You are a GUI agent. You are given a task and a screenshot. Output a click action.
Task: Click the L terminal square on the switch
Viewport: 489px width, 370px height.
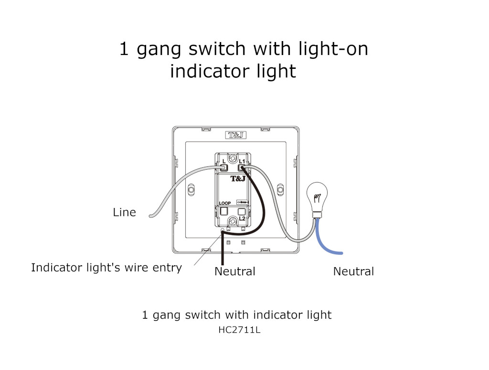[x=223, y=167]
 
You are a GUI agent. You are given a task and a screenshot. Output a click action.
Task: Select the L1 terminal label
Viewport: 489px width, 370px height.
[x=242, y=161]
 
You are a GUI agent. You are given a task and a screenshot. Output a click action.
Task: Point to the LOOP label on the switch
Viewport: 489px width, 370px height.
[x=225, y=203]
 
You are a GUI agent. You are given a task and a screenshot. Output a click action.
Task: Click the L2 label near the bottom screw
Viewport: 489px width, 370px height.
[x=242, y=218]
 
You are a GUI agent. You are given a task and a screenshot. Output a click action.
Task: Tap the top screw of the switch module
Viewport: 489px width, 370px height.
[x=233, y=158]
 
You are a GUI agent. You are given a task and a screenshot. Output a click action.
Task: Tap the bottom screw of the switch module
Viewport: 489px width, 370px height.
[x=233, y=221]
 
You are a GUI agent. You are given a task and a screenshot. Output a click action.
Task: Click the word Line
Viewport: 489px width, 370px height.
[x=124, y=212]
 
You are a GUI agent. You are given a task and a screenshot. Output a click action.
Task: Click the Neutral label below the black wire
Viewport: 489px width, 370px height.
[x=234, y=272]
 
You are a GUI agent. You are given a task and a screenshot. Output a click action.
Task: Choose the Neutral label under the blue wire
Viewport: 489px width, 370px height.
[x=353, y=272]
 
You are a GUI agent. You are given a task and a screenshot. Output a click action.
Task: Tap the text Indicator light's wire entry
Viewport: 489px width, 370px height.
[x=106, y=268]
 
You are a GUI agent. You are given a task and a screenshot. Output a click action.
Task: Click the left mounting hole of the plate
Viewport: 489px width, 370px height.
[x=191, y=190]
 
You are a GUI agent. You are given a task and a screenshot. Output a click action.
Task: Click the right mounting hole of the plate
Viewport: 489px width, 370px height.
[x=280, y=190]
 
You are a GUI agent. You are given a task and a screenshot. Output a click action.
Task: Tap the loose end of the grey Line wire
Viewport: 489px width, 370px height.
[x=150, y=216]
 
